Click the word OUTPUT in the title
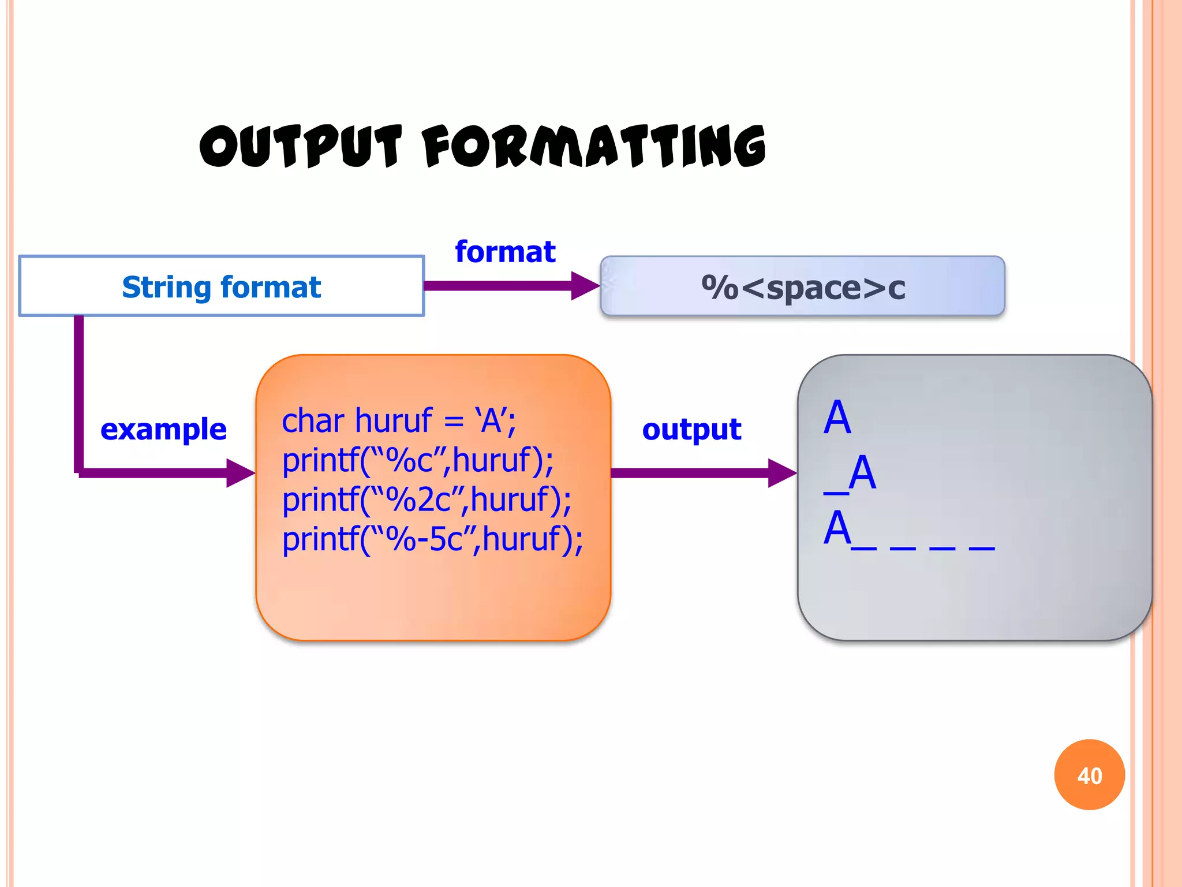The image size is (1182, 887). pos(300,147)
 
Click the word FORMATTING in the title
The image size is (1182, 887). pos(594,147)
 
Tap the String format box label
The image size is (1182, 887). pos(222,287)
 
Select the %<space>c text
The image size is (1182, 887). pos(803,287)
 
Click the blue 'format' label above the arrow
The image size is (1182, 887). pos(505,252)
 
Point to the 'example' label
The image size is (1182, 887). pos(163,429)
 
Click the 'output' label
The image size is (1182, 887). pos(691,429)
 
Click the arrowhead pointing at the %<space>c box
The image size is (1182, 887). pos(584,286)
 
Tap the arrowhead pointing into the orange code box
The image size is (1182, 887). pos(240,473)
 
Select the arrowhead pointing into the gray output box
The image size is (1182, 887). pos(781,473)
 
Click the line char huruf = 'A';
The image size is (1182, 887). pos(398,420)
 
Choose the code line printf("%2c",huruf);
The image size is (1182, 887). pos(427,500)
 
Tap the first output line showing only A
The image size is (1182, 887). pos(837,418)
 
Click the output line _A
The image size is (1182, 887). pos(850,474)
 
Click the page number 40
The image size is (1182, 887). pos(1089,776)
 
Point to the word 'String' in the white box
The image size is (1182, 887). pos(167,287)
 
